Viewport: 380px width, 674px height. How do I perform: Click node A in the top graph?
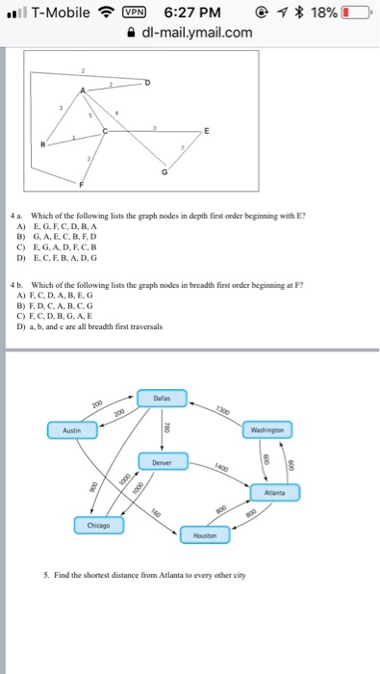(x=82, y=90)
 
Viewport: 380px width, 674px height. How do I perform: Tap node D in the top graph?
(x=147, y=84)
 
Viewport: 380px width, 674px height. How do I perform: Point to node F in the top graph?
(x=82, y=183)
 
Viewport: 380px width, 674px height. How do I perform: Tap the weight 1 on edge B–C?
(x=73, y=137)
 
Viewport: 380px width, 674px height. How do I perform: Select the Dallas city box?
(x=162, y=398)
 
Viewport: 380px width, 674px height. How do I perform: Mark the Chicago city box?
(x=98, y=526)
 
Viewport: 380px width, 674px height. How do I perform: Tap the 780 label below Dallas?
(x=165, y=429)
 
